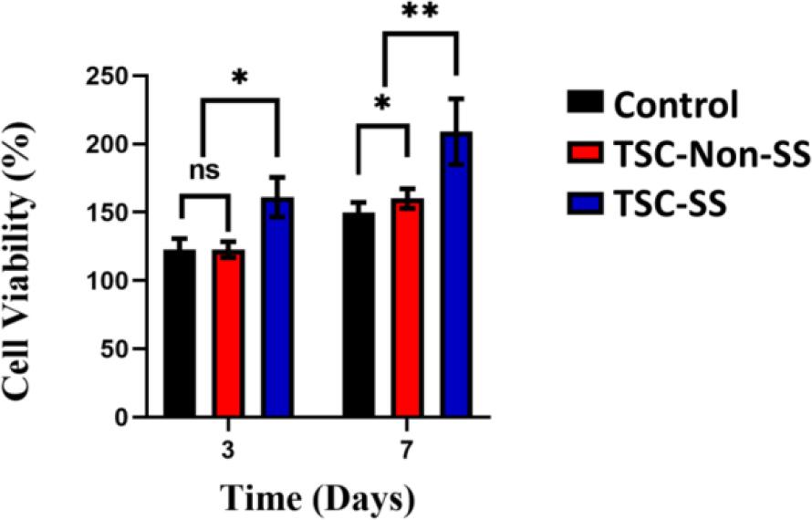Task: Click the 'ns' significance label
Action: [203, 171]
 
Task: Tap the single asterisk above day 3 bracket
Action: [239, 78]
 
